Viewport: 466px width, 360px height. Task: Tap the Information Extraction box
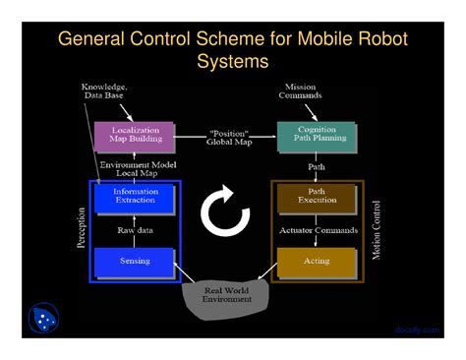pos(135,197)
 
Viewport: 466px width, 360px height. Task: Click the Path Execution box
pos(317,197)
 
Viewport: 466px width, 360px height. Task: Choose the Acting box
pos(317,261)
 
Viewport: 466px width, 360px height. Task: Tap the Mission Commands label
pos(300,91)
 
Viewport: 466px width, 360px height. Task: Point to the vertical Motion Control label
pos(377,230)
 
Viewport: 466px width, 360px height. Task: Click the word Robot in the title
pos(377,40)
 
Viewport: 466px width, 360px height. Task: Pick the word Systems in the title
pos(232,62)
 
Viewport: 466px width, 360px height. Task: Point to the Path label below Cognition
pos(317,168)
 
